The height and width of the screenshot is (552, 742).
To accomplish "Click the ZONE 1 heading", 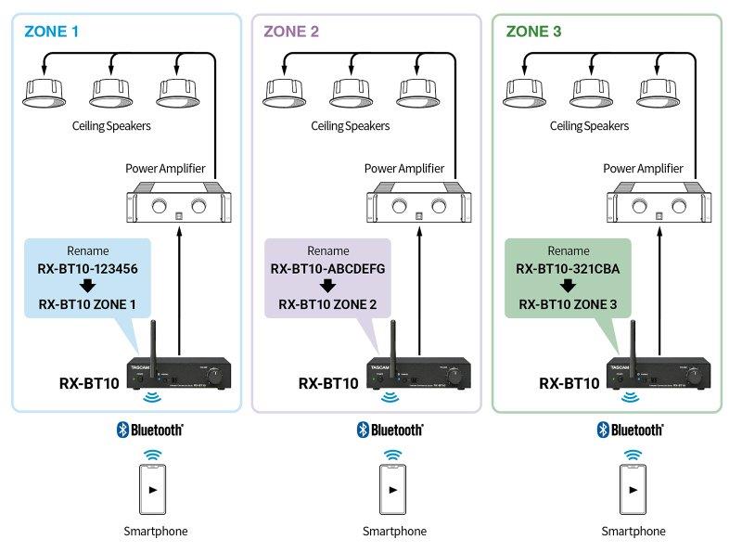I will click(x=52, y=31).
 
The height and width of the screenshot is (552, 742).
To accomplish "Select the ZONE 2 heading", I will click(x=291, y=31).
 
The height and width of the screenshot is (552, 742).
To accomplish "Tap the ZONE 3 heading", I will click(x=533, y=31).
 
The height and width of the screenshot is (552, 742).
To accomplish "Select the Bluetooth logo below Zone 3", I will click(x=631, y=430).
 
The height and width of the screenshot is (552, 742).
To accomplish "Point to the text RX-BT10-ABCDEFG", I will click(x=326, y=269).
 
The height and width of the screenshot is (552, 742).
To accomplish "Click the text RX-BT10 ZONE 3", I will click(x=567, y=304).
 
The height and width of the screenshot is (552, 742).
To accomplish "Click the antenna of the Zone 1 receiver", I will click(x=153, y=340).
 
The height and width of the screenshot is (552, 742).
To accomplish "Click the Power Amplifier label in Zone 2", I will click(x=403, y=169).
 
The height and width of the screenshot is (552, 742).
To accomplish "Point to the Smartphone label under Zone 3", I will click(x=633, y=532).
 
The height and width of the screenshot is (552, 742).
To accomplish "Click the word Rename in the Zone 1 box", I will click(x=86, y=251).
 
